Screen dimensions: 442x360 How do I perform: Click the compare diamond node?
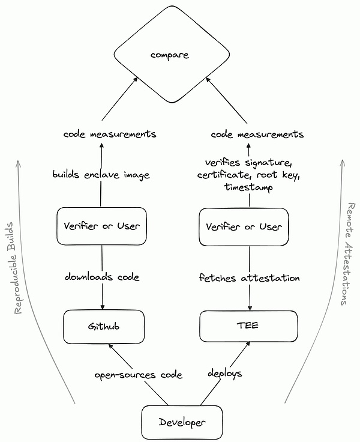[x=170, y=56]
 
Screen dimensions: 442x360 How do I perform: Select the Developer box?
[x=182, y=422]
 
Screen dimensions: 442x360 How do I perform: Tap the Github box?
[x=103, y=327]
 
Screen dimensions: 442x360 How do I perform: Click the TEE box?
[x=248, y=327]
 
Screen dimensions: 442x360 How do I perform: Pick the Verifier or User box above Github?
[x=101, y=226]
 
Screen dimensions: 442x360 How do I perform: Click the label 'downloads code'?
[x=102, y=277]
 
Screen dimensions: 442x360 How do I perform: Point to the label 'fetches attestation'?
[x=248, y=277]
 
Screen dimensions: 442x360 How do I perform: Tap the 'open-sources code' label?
[x=138, y=374]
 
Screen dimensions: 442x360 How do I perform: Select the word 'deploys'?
[x=225, y=373]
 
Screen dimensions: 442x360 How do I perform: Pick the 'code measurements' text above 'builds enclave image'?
[x=110, y=134]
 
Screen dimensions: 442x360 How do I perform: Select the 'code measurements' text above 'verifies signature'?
[x=257, y=134]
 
